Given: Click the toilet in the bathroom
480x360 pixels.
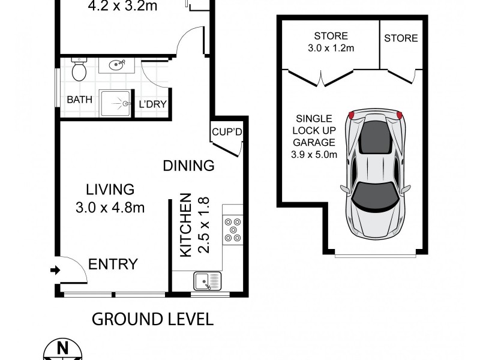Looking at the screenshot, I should tap(79, 71).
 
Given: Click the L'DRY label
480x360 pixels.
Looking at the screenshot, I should tap(152, 104).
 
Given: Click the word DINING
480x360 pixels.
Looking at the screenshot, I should tap(189, 166).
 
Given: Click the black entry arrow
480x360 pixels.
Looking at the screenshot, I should tap(55, 271).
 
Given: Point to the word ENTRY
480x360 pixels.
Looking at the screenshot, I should tap(113, 264).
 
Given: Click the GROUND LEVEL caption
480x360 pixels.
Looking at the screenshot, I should tap(152, 319).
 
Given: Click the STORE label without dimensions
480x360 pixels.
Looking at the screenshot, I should tap(401, 38).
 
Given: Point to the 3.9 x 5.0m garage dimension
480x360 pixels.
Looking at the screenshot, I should tap(314, 155).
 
